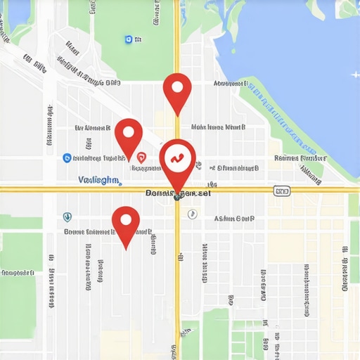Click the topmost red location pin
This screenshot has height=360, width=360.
point(177,89)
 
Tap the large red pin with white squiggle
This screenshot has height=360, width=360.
point(177,160)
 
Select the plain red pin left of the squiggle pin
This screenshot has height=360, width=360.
point(129,135)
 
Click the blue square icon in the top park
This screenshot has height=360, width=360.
point(128,40)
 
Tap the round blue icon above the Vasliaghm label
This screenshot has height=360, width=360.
point(67,158)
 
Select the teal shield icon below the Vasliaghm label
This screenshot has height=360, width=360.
point(67,217)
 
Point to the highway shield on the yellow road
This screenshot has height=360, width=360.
point(282,191)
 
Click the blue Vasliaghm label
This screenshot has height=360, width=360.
point(98,180)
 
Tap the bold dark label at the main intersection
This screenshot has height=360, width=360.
point(177,192)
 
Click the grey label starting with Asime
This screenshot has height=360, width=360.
point(234,219)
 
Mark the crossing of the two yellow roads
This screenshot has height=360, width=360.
point(178,188)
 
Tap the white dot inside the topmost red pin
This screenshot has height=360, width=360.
point(177,88)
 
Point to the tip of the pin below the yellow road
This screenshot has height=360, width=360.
point(126,248)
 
